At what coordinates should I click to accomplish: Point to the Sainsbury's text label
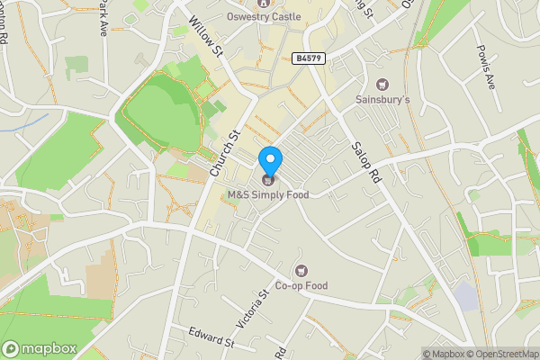(x=382, y=99)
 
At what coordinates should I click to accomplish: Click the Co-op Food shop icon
(x=301, y=271)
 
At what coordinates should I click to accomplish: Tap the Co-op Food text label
(x=301, y=286)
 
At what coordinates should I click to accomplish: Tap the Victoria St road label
(x=265, y=307)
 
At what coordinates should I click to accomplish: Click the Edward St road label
(x=211, y=337)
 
